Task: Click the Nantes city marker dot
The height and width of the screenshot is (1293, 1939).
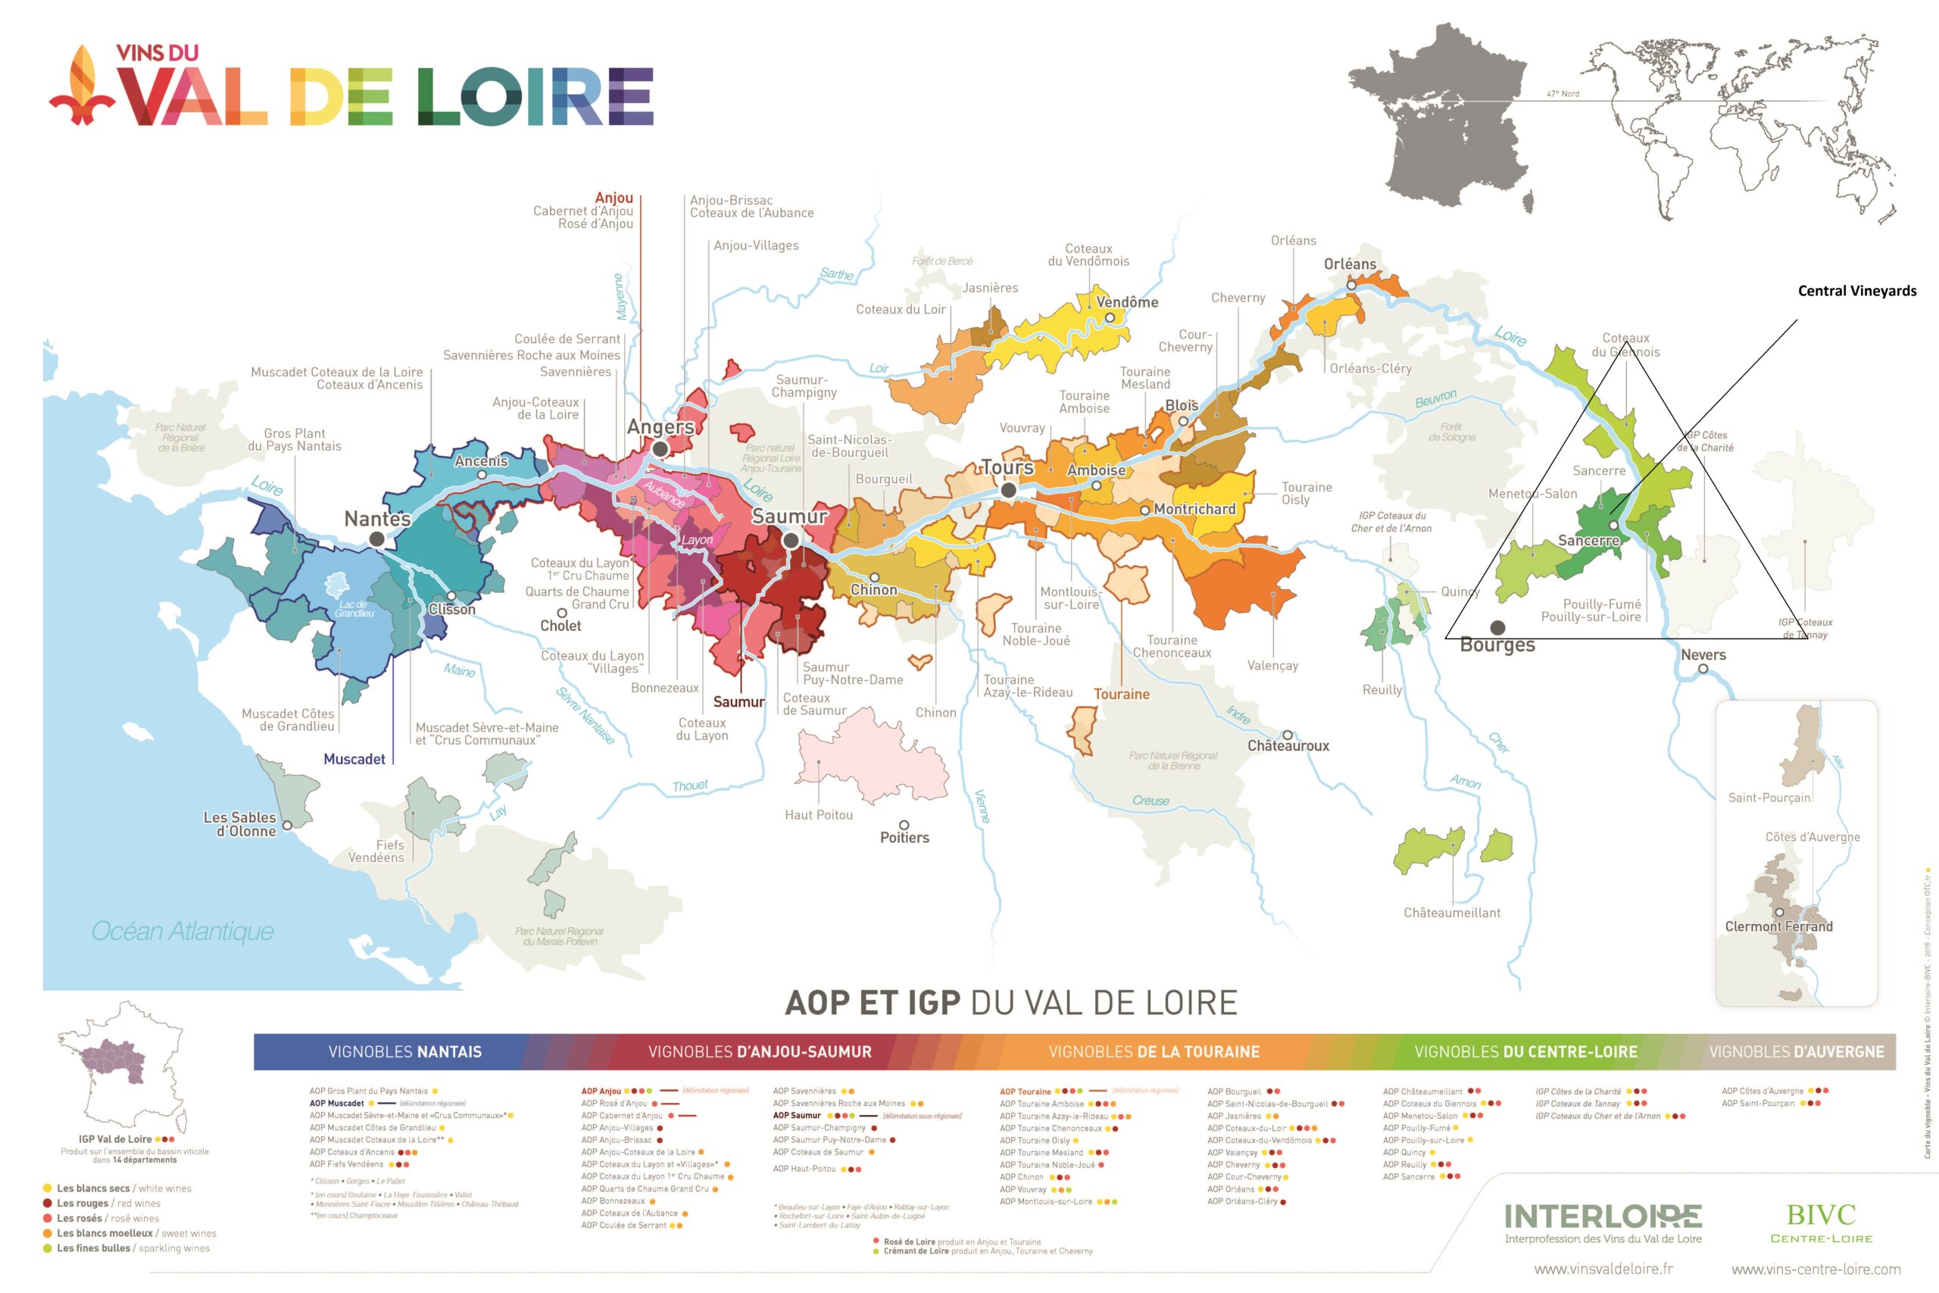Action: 376,539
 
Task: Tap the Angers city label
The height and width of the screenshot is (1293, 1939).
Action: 660,426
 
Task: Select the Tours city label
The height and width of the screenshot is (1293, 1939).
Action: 1007,467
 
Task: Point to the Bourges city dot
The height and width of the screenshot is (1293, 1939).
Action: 1498,629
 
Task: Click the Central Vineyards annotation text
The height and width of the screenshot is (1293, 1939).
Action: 1856,291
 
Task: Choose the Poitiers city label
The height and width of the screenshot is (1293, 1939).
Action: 904,838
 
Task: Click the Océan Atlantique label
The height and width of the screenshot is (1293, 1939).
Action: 183,931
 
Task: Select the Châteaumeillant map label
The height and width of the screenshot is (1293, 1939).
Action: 1452,913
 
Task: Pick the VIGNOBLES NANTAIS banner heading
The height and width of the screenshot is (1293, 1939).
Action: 404,1051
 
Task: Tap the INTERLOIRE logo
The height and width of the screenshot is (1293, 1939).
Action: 1603,1216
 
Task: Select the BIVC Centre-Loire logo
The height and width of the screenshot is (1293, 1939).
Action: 1821,1221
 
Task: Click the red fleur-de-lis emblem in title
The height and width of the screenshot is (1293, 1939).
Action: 83,86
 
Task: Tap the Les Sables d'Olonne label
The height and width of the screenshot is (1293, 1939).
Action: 240,824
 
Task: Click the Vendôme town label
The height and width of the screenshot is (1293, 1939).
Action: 1127,301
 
